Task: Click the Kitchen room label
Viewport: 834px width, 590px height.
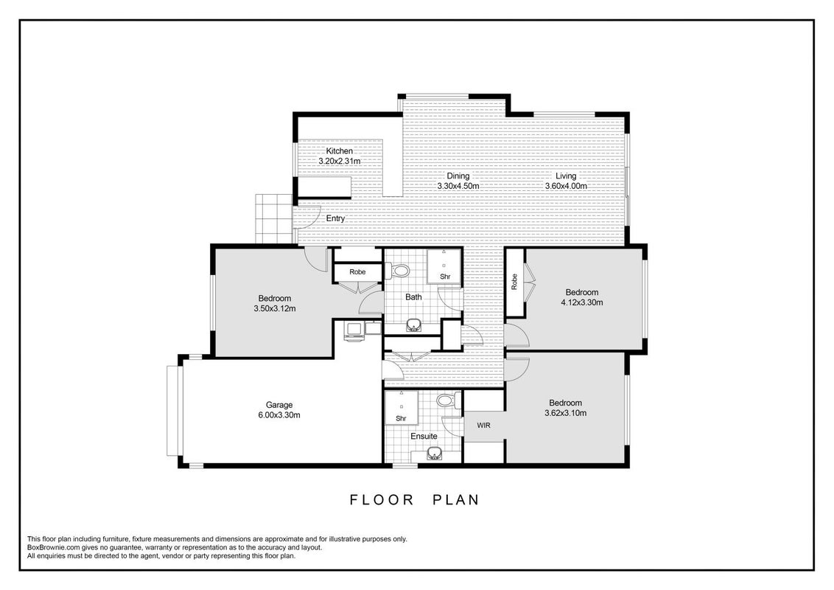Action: (x=340, y=151)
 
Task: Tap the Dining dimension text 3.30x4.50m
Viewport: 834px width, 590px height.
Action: (x=458, y=186)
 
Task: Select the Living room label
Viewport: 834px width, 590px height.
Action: (x=565, y=176)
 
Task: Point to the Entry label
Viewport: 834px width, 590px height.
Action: (x=335, y=218)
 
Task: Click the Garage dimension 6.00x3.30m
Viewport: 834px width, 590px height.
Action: (x=279, y=414)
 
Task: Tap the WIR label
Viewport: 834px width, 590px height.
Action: (x=483, y=426)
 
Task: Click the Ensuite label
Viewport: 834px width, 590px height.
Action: (x=424, y=436)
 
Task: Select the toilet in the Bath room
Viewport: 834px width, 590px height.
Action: (x=397, y=271)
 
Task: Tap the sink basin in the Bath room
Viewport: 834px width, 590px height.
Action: (x=413, y=325)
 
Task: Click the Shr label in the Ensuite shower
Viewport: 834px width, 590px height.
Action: (x=401, y=419)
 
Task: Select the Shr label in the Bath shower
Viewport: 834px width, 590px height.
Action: (x=445, y=277)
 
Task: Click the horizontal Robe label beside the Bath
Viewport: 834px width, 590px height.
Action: (x=357, y=272)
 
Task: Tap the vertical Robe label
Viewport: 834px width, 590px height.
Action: (x=514, y=282)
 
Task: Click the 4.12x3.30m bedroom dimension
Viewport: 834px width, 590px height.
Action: (x=582, y=302)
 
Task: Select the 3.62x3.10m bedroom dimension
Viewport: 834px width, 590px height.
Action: (x=565, y=413)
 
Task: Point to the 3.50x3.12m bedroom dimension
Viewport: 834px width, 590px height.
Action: (x=275, y=308)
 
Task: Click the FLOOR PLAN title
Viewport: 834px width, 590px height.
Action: (x=415, y=500)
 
